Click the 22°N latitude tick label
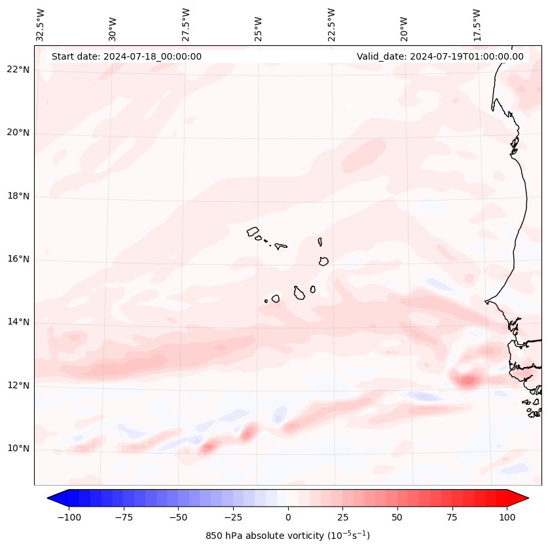(x=18, y=69)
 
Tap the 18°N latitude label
(x=18, y=196)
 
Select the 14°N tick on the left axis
(x=18, y=322)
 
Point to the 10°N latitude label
(x=18, y=448)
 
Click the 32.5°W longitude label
(x=40, y=25)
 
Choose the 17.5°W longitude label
(x=477, y=25)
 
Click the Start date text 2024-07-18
(x=126, y=56)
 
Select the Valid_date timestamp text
(x=440, y=56)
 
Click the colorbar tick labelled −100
(x=69, y=517)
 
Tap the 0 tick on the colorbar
(x=288, y=517)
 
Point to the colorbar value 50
(x=397, y=517)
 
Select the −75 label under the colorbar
(x=124, y=517)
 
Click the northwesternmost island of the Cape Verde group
(x=253, y=231)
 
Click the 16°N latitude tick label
(x=18, y=259)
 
